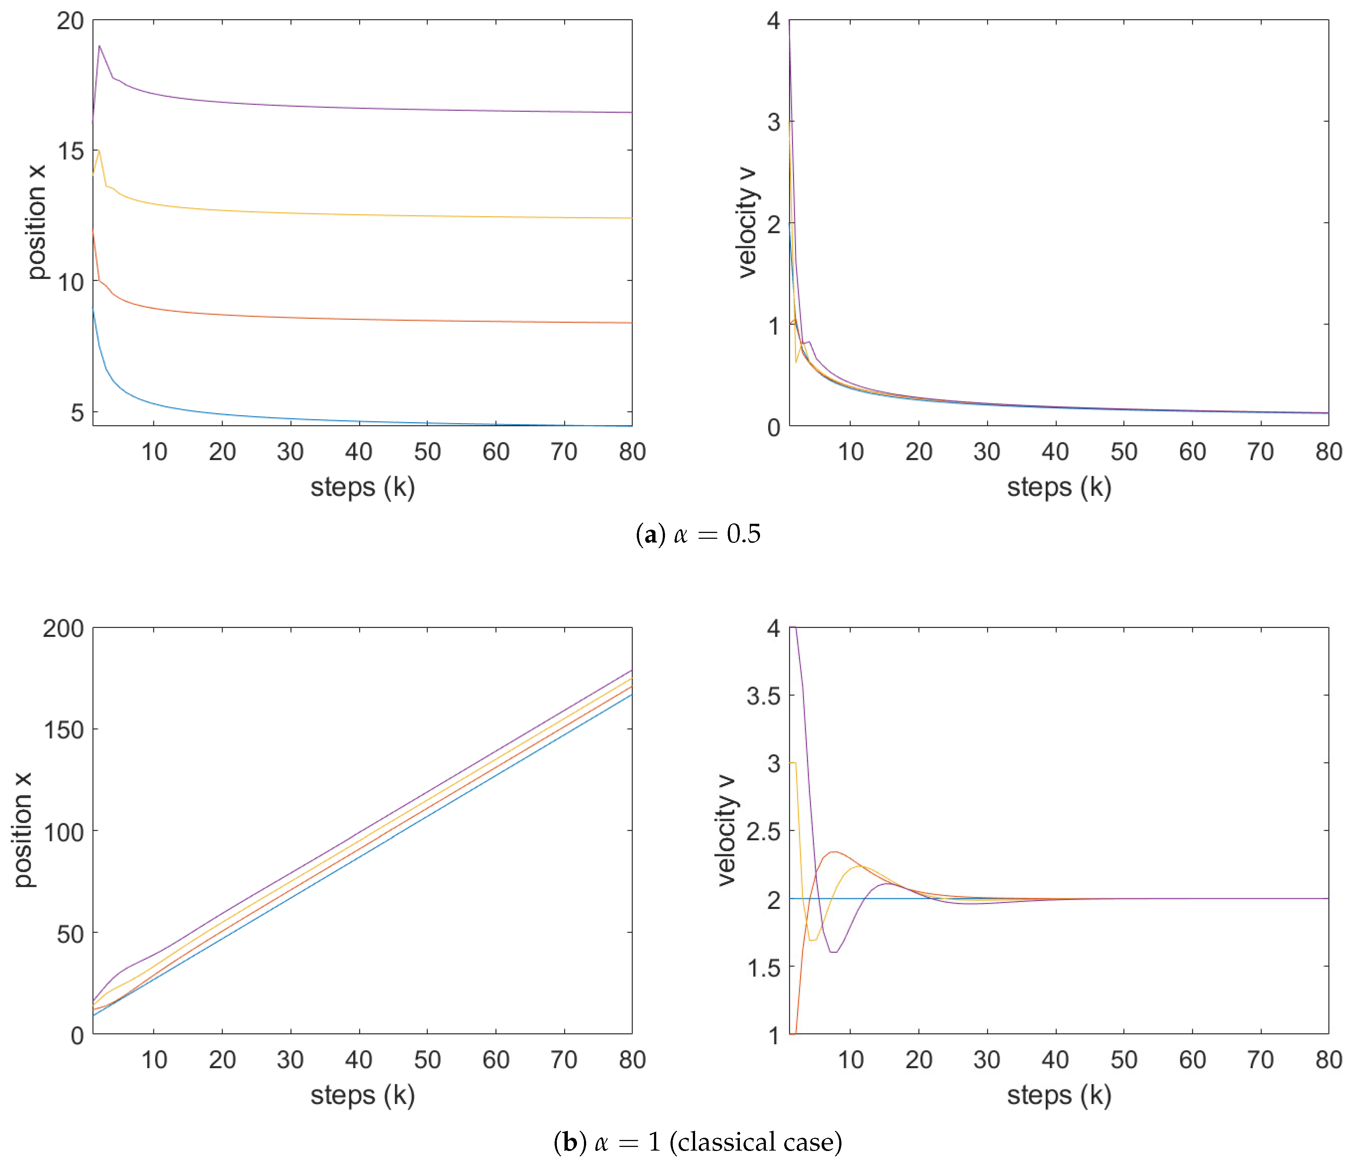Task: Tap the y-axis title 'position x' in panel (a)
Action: click(x=36, y=223)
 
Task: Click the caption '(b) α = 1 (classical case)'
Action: click(x=697, y=1142)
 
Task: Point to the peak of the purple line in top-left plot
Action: click(x=99, y=46)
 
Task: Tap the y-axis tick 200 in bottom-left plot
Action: click(x=63, y=629)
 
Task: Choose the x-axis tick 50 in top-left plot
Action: click(x=427, y=452)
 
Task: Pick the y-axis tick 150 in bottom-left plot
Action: click(x=63, y=730)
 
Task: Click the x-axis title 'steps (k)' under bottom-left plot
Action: click(x=362, y=1095)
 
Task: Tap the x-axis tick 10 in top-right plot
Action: click(x=850, y=452)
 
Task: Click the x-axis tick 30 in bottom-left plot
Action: click(x=290, y=1060)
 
